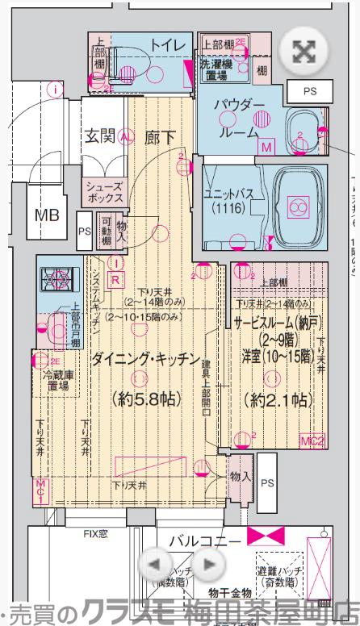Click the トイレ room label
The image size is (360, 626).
click(x=168, y=44)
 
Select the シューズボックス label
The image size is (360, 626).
click(x=105, y=192)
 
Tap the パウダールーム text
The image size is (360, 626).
click(x=243, y=118)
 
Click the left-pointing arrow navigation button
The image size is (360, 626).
click(x=159, y=564)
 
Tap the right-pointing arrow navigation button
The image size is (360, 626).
click(x=208, y=564)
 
